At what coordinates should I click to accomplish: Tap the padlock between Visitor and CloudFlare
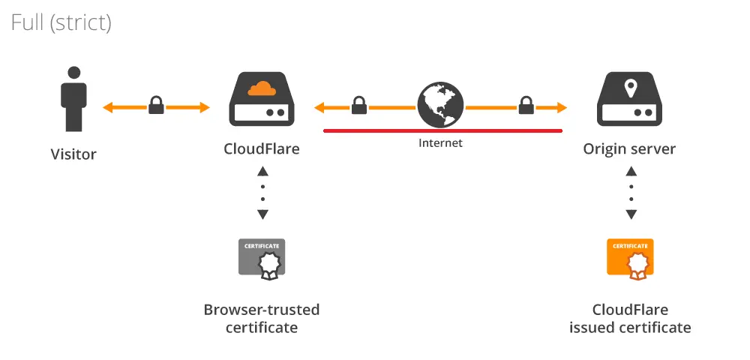156,105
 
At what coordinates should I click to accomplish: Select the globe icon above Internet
440,105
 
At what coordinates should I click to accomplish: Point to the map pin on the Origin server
631,88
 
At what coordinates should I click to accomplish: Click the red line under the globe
443,130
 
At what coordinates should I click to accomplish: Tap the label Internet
440,143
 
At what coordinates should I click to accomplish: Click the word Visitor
73,154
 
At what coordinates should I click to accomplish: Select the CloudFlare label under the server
262,148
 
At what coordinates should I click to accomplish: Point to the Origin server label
629,149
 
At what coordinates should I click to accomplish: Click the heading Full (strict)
61,22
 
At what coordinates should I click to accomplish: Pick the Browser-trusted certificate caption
262,319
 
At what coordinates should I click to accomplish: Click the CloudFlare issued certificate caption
630,319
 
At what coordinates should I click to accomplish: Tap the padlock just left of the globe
359,105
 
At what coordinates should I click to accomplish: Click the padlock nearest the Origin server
526,105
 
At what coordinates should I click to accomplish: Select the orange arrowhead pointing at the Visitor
109,107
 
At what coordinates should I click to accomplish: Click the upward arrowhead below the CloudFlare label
262,172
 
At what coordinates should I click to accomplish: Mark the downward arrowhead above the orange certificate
631,214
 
